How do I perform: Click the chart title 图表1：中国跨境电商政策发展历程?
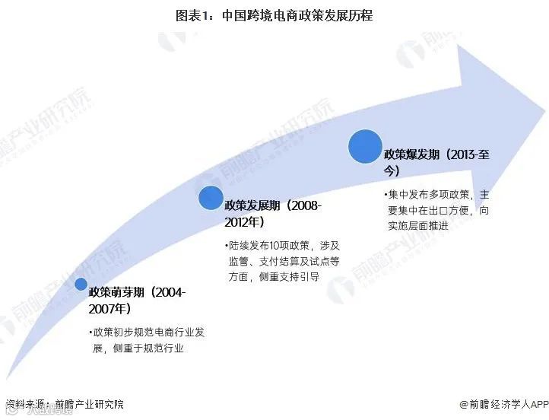click(x=274, y=14)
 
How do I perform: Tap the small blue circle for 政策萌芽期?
click(x=81, y=285)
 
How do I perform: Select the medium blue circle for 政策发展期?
click(x=211, y=198)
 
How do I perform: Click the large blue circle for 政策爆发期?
click(x=365, y=146)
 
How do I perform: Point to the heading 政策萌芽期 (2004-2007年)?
click(x=138, y=300)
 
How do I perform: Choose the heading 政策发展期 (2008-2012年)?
click(x=273, y=214)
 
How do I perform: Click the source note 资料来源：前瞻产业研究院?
click(x=64, y=404)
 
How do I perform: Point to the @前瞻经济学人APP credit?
click(x=503, y=404)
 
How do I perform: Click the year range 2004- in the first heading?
click(x=170, y=291)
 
